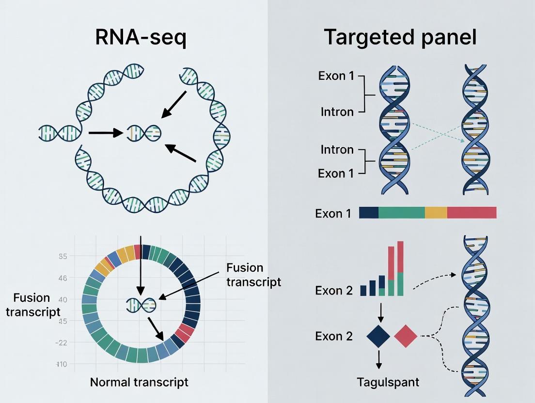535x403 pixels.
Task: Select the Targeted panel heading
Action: (x=400, y=37)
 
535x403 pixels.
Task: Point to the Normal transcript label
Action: (x=139, y=382)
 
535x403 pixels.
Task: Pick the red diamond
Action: (x=406, y=336)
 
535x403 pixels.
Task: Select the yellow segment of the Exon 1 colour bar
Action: (x=436, y=213)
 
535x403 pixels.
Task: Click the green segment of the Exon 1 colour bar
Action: (x=401, y=213)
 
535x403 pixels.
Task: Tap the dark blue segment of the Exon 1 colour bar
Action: (x=368, y=213)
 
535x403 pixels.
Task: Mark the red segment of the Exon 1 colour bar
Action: (x=472, y=213)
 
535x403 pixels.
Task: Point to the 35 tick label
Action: (x=63, y=256)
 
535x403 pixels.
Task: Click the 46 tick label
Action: (x=63, y=279)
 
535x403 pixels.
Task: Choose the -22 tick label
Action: (x=62, y=342)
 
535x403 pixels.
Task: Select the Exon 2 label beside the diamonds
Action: (x=334, y=336)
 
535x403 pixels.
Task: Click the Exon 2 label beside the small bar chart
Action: (x=334, y=291)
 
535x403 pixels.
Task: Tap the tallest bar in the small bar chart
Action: (x=400, y=268)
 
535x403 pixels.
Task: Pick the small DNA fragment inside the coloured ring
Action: (x=141, y=304)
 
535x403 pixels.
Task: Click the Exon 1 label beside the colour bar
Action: (x=333, y=214)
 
